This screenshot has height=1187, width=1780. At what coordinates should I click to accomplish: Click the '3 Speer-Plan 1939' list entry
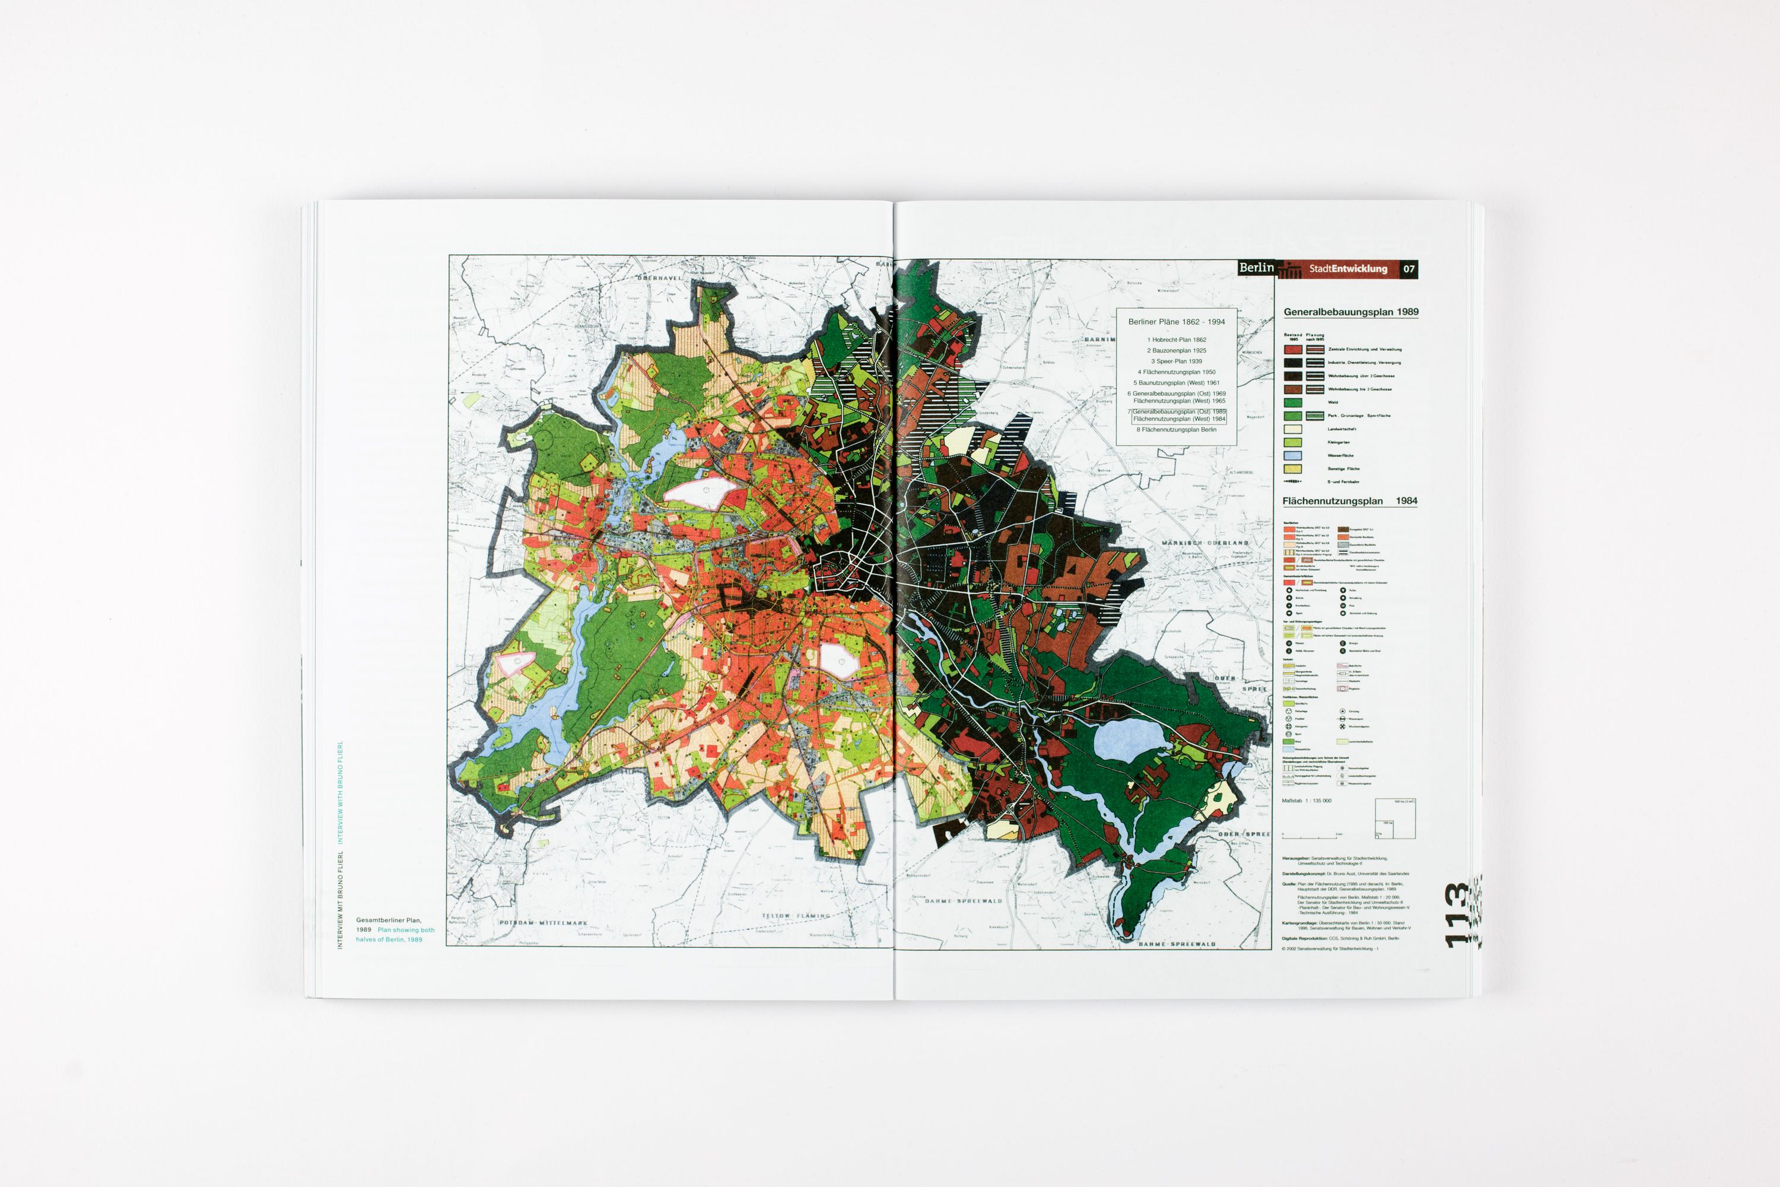(1176, 361)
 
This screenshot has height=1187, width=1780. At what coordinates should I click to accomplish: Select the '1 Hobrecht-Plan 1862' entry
(1176, 340)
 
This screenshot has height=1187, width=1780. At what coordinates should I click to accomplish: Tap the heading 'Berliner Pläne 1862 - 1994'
(1176, 322)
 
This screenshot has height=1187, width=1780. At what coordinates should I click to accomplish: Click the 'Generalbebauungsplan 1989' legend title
(1351, 312)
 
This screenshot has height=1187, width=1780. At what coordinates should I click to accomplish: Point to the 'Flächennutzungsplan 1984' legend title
(1349, 501)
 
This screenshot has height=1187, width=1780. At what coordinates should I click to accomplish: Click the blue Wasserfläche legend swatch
(1293, 456)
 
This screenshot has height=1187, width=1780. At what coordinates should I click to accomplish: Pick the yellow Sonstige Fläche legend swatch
(1293, 469)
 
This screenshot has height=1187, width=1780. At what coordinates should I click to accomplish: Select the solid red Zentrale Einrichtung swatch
(1293, 350)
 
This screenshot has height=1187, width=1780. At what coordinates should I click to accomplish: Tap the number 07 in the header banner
(1409, 269)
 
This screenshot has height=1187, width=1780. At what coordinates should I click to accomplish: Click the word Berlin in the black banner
(1256, 268)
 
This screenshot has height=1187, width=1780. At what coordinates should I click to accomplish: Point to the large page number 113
(1457, 915)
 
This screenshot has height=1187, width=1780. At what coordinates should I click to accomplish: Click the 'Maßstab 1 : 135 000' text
(1307, 800)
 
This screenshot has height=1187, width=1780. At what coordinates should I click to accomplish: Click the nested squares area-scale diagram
(1395, 818)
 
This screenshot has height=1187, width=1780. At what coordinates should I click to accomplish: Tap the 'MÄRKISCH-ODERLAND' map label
(1205, 543)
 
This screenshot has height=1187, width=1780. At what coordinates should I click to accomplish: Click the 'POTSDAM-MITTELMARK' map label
(543, 923)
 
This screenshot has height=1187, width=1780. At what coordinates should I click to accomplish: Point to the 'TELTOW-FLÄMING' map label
(796, 915)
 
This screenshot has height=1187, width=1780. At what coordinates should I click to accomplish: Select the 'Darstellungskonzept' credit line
(1346, 874)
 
